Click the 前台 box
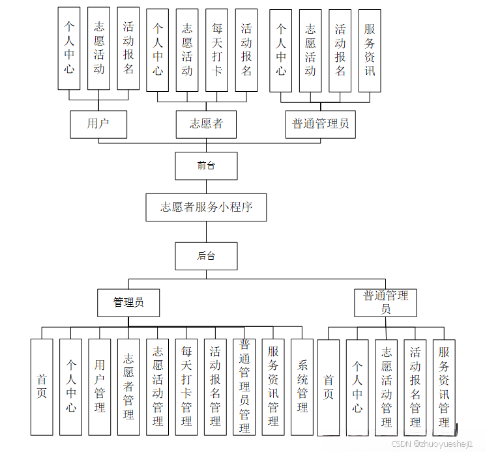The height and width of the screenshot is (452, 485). click(206, 165)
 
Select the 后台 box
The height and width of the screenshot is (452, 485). click(206, 256)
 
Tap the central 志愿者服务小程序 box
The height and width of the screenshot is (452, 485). click(206, 208)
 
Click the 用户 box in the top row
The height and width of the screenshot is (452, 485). click(98, 124)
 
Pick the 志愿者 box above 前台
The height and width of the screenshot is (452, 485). click(206, 124)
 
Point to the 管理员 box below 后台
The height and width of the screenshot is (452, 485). click(128, 303)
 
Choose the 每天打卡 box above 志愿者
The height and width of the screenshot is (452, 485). click(217, 50)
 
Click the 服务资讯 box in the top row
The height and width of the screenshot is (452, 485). click(370, 50)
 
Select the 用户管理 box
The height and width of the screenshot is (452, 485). click(100, 387)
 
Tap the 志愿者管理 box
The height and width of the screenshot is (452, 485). click(128, 387)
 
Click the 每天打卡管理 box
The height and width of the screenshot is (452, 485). click(186, 387)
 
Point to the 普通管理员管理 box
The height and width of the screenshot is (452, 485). click(244, 387)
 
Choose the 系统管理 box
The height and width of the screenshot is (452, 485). click(302, 387)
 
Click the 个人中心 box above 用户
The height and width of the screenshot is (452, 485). click(69, 49)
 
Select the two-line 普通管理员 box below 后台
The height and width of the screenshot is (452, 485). click(386, 303)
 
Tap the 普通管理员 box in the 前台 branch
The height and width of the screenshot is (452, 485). click(320, 124)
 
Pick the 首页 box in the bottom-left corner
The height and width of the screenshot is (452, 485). click(42, 387)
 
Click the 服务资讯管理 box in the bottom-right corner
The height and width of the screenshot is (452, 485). click(444, 387)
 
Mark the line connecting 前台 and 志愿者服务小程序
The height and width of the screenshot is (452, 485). click(206, 187)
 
